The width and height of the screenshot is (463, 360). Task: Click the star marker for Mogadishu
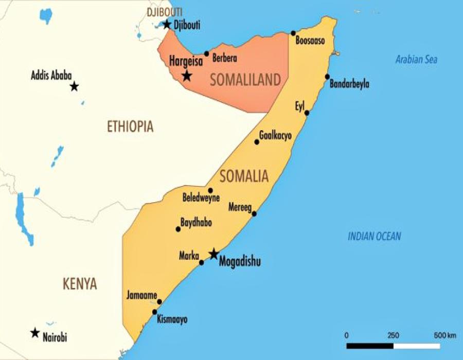point(213,254)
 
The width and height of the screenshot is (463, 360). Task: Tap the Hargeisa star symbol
point(187,76)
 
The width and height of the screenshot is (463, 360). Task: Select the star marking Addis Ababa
point(74,86)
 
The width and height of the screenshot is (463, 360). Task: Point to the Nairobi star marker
point(35,333)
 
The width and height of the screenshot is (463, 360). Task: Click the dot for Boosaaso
point(293,33)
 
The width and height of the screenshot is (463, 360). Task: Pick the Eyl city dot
point(307,113)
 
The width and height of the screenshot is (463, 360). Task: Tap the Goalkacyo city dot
point(257,142)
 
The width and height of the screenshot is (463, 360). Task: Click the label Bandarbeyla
point(350,84)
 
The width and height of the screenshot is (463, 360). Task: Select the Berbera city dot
point(206,53)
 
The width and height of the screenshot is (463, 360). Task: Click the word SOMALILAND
point(245,80)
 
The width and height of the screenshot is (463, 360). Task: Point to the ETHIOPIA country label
point(130,127)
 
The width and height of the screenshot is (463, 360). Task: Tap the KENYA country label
point(80,284)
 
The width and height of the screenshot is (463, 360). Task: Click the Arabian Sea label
point(416,60)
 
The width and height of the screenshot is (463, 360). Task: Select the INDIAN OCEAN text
point(374,237)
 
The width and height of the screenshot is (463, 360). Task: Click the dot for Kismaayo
point(154,312)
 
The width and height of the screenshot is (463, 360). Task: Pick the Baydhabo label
point(196,223)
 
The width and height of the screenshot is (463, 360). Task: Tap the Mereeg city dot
point(254,213)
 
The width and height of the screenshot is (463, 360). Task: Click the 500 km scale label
point(444,335)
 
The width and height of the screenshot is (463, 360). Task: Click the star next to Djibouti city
point(167,24)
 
